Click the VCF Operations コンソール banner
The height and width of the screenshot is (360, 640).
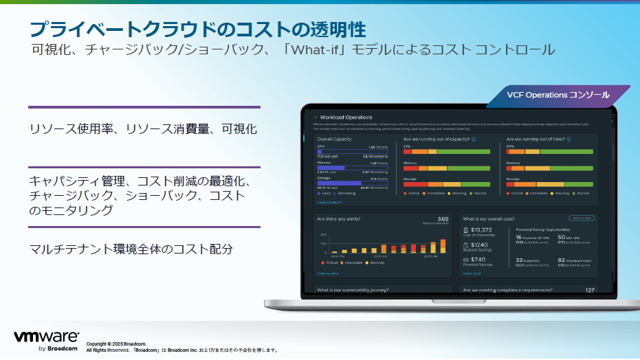tap(558, 95)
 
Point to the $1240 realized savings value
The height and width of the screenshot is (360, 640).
tap(479, 245)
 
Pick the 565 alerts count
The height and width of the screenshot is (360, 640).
tap(443, 219)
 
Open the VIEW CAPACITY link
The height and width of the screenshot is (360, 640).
tap(330, 203)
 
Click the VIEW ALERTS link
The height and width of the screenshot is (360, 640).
tap(327, 273)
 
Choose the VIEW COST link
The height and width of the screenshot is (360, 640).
tap(473, 273)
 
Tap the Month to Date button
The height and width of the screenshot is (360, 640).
tap(582, 218)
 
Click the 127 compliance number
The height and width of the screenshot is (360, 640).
tap(589, 290)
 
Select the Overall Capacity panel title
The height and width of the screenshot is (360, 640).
tap(334, 139)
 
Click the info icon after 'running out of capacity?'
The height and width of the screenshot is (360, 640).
tap(474, 139)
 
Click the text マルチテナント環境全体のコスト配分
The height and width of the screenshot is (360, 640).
tap(131, 249)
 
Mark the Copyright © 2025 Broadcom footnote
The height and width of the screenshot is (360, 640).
tap(116, 344)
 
